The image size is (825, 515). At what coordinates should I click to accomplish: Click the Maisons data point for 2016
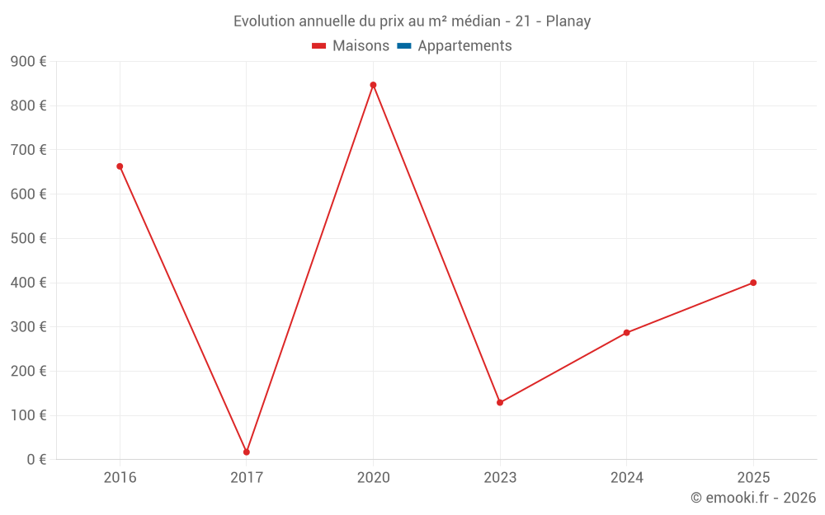click(120, 166)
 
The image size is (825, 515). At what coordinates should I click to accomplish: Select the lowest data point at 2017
click(247, 452)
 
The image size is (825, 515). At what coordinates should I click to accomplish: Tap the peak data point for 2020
click(373, 85)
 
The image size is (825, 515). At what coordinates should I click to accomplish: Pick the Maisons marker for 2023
click(500, 403)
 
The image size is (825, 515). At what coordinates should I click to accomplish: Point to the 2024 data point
click(626, 333)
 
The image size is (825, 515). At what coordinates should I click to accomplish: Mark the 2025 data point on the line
click(753, 283)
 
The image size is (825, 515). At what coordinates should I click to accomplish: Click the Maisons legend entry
click(351, 46)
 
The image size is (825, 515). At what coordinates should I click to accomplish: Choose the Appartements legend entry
click(455, 46)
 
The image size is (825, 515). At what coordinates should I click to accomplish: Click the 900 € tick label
click(28, 62)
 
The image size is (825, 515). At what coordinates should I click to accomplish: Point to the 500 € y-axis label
click(28, 239)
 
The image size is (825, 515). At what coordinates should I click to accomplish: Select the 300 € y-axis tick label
click(28, 327)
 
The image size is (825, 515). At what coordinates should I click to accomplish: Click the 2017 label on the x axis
click(247, 478)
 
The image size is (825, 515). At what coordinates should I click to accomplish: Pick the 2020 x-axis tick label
click(373, 478)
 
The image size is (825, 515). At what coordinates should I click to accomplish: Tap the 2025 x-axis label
click(753, 478)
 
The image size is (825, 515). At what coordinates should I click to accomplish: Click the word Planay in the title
click(568, 21)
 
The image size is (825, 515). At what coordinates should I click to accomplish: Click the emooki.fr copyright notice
click(753, 498)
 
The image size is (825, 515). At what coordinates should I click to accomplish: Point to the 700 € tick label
click(28, 150)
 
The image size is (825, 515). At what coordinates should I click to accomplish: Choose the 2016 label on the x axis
click(120, 478)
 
